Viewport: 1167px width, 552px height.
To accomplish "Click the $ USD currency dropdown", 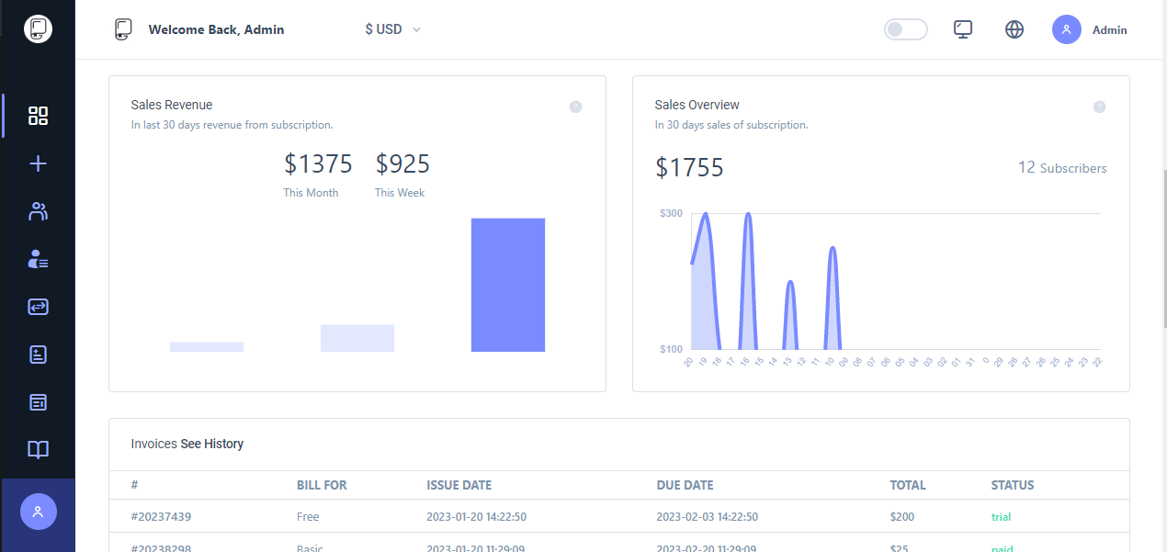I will point(392,29).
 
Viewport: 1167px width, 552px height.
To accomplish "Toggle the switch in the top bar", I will point(905,29).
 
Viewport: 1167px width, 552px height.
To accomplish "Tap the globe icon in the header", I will point(1014,29).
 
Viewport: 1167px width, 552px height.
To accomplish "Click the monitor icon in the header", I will point(963,29).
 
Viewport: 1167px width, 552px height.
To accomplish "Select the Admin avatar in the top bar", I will point(1067,29).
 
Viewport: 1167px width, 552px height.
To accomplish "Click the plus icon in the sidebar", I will point(38,164).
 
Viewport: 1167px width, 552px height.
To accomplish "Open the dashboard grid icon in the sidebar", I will point(38,116).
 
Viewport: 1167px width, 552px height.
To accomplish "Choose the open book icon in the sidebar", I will point(38,450).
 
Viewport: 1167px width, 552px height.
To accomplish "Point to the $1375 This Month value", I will point(318,164).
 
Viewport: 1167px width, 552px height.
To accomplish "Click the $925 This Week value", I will point(402,164).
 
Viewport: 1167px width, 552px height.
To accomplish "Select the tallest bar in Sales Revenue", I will point(508,285).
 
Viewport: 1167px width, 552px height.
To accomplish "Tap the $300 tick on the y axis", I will point(671,213).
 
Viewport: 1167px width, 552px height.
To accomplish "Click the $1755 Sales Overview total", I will point(689,168).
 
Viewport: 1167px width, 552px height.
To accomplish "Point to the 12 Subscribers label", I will point(1062,168).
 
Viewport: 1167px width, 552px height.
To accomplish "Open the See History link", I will point(211,445).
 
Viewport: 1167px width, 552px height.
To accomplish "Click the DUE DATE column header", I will point(685,485).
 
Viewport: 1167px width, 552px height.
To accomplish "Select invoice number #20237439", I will point(161,517).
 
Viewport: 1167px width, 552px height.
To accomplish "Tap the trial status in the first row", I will point(1001,517).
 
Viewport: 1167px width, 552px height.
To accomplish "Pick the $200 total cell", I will point(903,517).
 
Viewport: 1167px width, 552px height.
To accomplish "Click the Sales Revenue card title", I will point(172,105).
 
